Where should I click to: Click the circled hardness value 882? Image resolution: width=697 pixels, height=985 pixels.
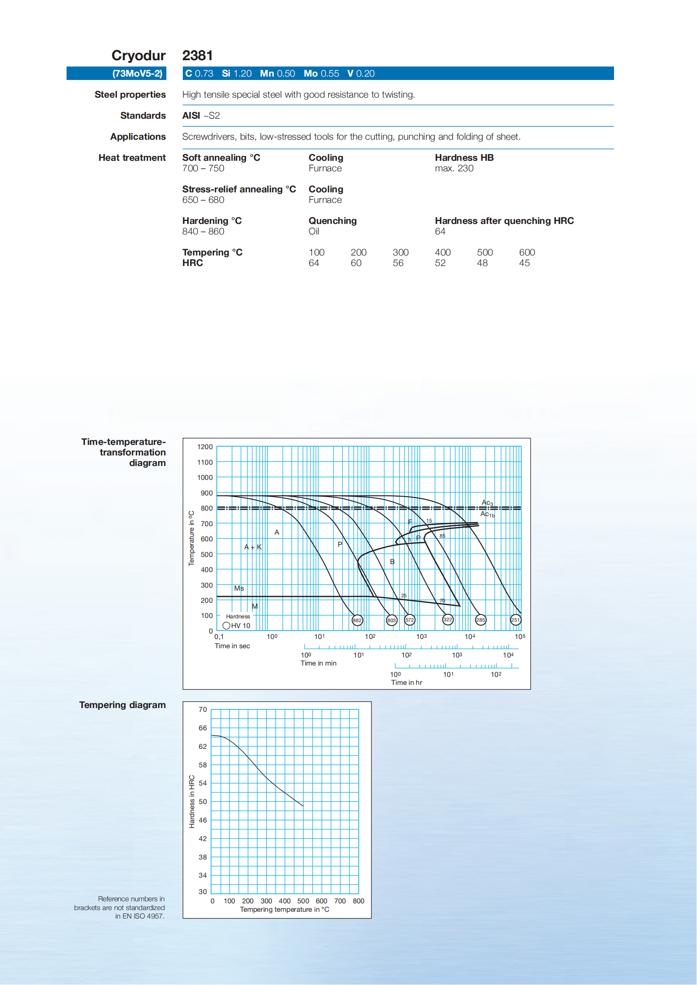357,620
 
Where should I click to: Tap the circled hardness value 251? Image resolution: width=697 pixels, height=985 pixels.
515,620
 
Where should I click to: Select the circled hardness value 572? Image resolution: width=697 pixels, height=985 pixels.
410,620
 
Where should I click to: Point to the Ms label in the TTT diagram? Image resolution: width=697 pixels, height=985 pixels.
239,588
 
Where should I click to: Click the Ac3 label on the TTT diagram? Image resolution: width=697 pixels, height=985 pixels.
487,502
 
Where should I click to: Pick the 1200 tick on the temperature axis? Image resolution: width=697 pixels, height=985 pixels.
205,447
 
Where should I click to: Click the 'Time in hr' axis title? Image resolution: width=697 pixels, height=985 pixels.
406,682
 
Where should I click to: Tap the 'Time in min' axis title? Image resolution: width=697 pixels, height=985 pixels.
318,663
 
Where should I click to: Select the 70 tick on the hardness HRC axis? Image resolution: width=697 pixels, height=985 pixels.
203,710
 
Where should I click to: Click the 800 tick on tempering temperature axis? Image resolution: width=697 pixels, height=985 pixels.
358,901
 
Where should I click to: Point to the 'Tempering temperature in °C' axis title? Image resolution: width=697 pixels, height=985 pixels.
285,910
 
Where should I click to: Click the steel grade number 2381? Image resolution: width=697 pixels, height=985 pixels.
198,55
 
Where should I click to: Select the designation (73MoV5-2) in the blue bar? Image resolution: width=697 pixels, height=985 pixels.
137,73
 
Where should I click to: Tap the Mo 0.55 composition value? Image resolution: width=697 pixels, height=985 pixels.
321,73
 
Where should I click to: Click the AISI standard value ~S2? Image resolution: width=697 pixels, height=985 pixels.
211,116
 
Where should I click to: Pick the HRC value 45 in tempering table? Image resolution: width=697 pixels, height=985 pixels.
524,263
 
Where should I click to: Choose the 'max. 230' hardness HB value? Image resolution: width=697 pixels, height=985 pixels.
454,168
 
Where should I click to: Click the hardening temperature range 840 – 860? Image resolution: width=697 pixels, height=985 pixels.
203,231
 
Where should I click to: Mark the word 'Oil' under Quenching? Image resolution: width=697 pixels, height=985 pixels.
314,231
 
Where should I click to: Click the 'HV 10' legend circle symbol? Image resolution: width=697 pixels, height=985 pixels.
226,626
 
